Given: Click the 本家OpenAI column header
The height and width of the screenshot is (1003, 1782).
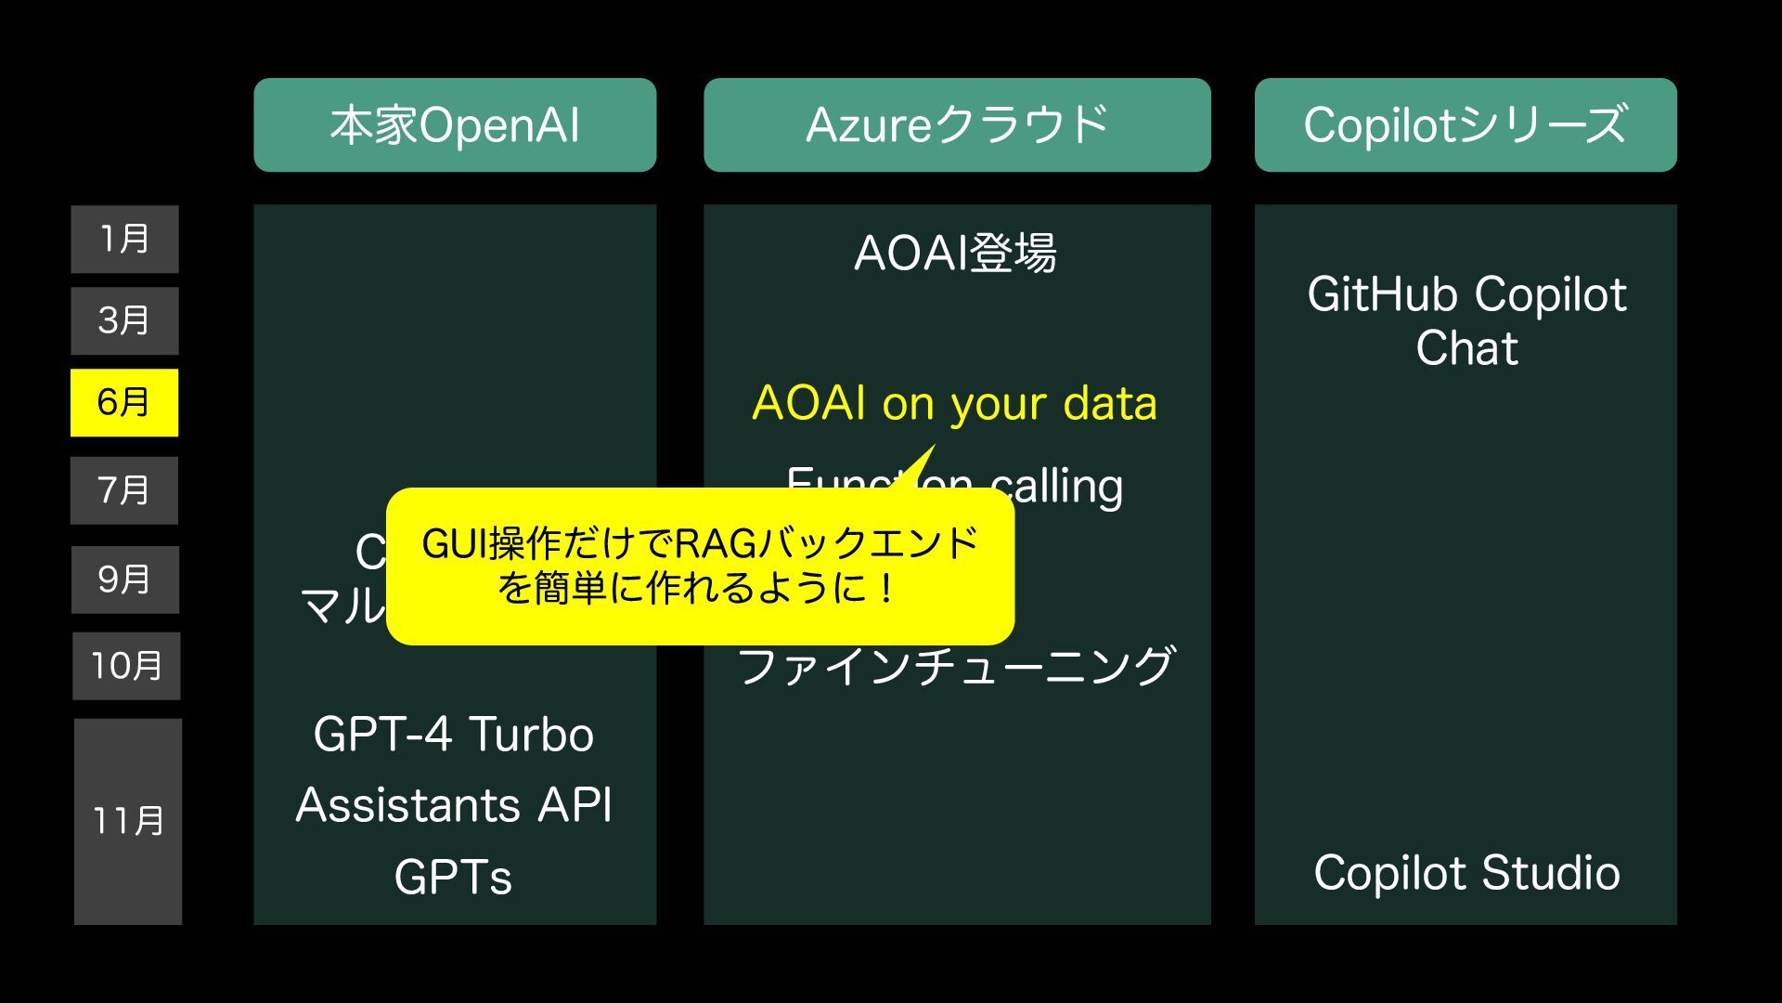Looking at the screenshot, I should [x=455, y=125].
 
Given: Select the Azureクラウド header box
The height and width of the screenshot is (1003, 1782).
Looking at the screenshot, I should [x=957, y=125].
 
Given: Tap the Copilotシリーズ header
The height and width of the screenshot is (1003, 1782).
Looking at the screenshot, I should [x=1466, y=125].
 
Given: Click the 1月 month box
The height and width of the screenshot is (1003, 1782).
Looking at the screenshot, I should [x=124, y=240].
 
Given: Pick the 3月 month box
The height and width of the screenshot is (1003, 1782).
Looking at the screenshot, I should [x=124, y=321].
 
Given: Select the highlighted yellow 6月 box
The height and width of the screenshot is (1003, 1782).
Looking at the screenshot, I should [x=124, y=403].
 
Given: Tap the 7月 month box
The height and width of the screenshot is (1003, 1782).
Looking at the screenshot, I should [x=124, y=490].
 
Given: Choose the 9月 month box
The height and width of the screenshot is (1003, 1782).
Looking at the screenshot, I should [x=125, y=580].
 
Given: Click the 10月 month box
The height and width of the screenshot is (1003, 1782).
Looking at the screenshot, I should [x=126, y=666].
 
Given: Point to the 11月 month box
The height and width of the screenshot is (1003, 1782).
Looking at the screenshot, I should [x=128, y=821].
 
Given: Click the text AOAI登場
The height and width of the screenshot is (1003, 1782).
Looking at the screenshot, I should [x=955, y=253].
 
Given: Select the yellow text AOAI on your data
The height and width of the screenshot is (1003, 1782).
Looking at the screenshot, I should [x=955, y=404].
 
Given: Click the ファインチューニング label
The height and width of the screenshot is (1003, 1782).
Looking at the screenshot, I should [x=956, y=667].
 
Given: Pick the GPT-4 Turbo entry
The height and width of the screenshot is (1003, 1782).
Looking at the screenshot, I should [x=454, y=735].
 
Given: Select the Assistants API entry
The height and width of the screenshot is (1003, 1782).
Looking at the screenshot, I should [x=454, y=804].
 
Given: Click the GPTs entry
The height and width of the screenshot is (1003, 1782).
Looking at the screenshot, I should [x=454, y=877].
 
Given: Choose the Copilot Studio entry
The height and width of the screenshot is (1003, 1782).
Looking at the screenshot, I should [x=1466, y=873].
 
